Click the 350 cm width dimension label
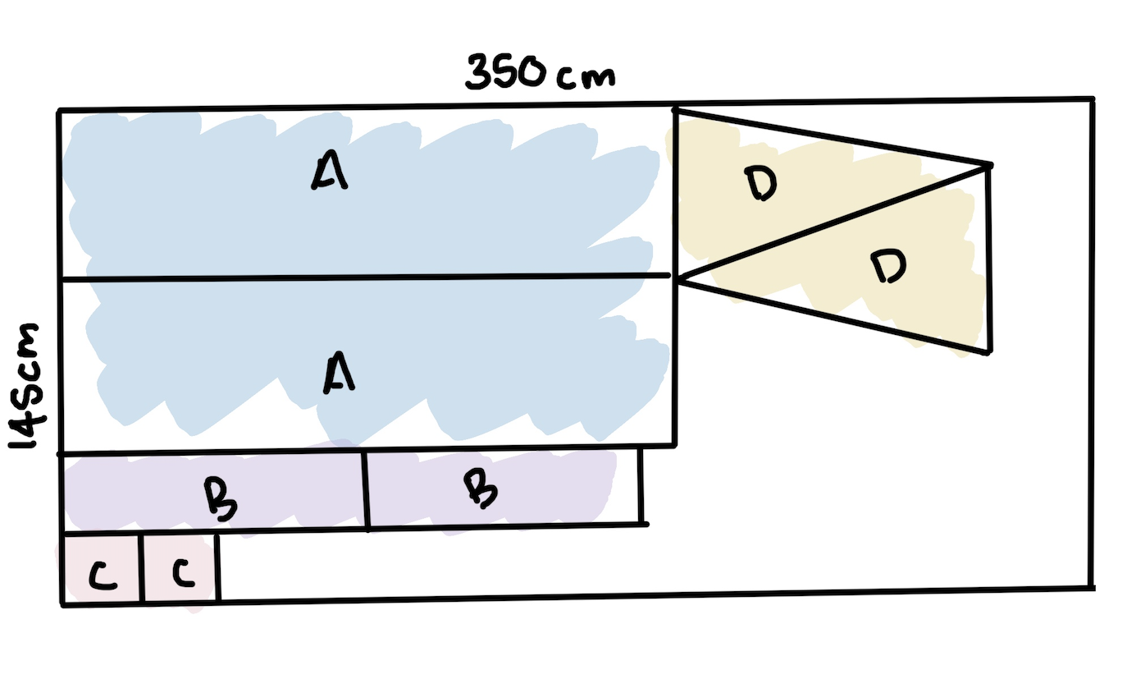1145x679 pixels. click(541, 72)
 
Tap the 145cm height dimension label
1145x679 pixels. click(25, 387)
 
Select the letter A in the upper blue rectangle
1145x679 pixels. click(330, 170)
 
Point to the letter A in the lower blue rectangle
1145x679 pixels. click(339, 372)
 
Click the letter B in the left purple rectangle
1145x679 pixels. click(221, 498)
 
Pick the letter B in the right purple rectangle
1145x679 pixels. click(481, 489)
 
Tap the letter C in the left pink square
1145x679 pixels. click(103, 575)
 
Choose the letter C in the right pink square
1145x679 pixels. click(183, 571)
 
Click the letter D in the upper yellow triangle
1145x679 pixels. click(761, 184)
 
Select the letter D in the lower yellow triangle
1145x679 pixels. click(889, 265)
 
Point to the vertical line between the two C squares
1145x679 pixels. click(142, 568)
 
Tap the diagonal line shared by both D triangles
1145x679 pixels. click(834, 222)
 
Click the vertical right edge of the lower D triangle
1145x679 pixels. click(990, 259)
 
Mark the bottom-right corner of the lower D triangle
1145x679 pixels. click(990, 352)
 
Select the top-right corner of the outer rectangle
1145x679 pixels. click(1093, 99)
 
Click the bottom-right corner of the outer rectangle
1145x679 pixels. click(1093, 589)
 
